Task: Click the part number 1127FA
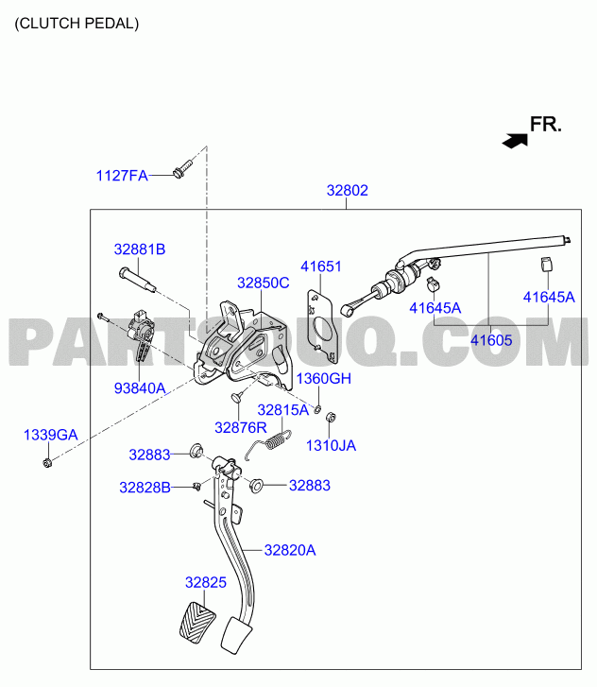122,176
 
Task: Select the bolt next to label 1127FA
183,169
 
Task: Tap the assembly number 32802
348,191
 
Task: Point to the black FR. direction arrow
515,141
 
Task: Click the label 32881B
140,249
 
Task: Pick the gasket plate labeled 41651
322,325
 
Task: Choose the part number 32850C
264,283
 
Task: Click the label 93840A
140,388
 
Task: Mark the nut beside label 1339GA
48,462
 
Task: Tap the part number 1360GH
324,379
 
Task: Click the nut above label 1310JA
332,417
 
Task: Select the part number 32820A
290,550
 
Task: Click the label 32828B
145,488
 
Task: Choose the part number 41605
491,340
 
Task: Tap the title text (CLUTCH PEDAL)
77,24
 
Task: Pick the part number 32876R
241,428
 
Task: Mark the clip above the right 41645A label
546,265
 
